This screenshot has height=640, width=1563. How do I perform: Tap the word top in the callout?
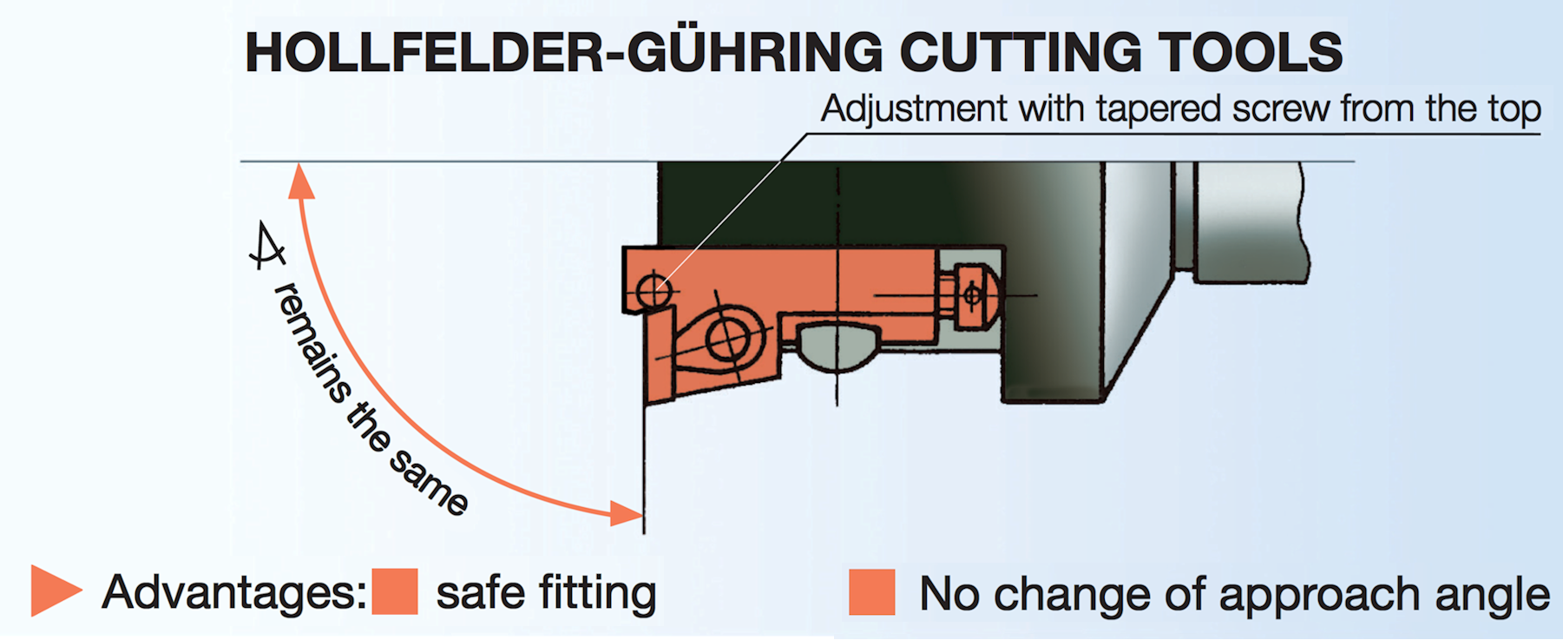click(x=1514, y=112)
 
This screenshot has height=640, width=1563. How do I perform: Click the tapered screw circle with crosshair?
click(x=654, y=289)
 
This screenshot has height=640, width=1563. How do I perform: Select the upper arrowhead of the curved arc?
click(x=300, y=181)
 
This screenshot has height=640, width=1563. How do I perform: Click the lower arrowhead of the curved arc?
click(x=626, y=513)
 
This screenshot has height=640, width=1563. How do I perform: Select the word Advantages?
click(x=234, y=593)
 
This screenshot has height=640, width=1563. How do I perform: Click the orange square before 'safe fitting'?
click(x=395, y=591)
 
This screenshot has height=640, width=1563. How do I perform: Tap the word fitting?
click(x=596, y=595)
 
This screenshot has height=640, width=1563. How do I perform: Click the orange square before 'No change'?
click(x=871, y=592)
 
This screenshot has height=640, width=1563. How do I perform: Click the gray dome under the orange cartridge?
click(x=837, y=346)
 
